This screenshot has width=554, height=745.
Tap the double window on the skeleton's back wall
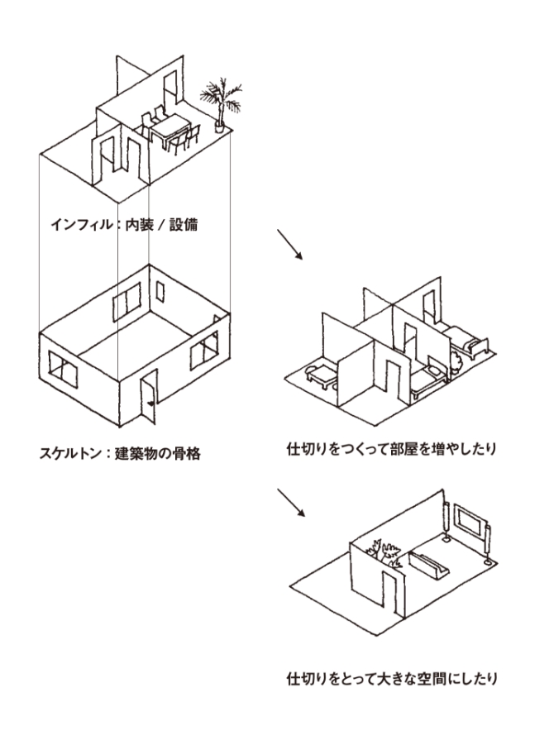pos(127,303)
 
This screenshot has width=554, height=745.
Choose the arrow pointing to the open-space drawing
pos(289,501)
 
